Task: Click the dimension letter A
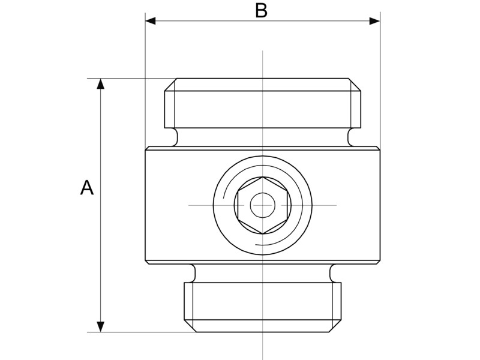[x=87, y=188]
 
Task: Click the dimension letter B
[x=261, y=11]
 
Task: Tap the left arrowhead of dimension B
[x=151, y=21]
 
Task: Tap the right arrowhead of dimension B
[x=374, y=21]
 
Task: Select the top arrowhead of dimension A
[x=101, y=83]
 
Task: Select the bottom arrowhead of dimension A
[x=101, y=326]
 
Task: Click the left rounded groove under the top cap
[x=175, y=137]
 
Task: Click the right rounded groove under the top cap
[x=351, y=137]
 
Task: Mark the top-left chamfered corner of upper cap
[x=170, y=85]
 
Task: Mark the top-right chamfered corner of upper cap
[x=355, y=85]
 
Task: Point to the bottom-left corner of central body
[x=146, y=262]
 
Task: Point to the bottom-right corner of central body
[x=379, y=262]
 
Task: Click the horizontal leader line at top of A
[x=132, y=79]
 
